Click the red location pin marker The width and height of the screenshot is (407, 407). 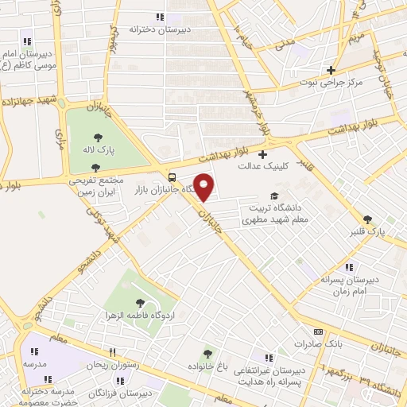pyautogui.click(x=204, y=187)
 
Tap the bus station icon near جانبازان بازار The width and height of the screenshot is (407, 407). pyautogui.click(x=172, y=177)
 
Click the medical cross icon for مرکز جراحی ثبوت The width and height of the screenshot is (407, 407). pyautogui.click(x=331, y=70)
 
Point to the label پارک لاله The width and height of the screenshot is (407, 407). pyautogui.click(x=100, y=149)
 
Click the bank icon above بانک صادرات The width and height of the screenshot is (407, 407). pyautogui.click(x=318, y=331)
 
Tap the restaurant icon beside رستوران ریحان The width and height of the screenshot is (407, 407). pyautogui.click(x=113, y=352)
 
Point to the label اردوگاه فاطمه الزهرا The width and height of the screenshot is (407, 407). pyautogui.click(x=140, y=316)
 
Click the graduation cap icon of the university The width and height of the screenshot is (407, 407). pyautogui.click(x=274, y=196)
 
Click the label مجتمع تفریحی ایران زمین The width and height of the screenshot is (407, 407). pyautogui.click(x=95, y=187)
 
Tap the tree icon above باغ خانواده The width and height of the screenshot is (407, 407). pyautogui.click(x=208, y=354)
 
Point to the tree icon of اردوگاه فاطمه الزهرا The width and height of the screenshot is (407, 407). pyautogui.click(x=141, y=302)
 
